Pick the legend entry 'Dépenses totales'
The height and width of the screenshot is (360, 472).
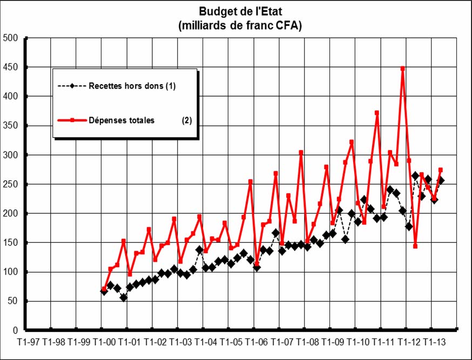122,120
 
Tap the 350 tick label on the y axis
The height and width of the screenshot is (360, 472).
11,126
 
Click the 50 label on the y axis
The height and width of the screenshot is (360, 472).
13,301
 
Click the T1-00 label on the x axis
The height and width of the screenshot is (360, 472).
103,342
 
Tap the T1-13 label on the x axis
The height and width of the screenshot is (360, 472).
433,342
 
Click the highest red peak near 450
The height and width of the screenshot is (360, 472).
403,69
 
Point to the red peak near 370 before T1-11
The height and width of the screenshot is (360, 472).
377,113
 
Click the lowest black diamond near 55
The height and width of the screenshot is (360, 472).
124,297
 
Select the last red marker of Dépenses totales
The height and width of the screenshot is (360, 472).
441,170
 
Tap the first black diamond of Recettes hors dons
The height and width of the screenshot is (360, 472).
104,291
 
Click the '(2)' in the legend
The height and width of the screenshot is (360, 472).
187,120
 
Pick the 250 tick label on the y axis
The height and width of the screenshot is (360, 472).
11,184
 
